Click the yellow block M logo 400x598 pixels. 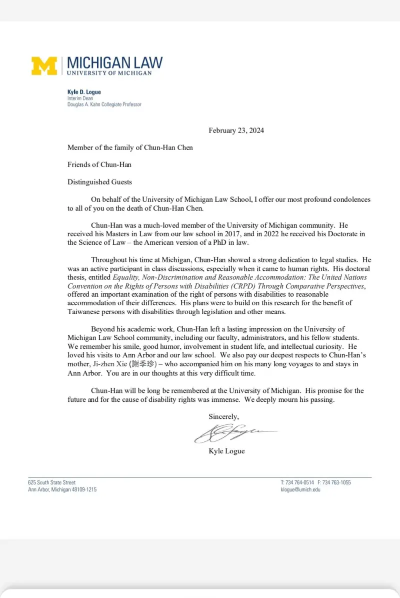pos(44,66)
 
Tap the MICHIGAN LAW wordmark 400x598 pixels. pos(114,63)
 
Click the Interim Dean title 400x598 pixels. pos(80,99)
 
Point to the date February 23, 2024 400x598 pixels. pos(236,131)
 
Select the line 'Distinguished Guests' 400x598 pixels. pos(100,182)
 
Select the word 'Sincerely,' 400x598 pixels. pos(223,416)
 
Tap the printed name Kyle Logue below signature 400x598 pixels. pos(226,451)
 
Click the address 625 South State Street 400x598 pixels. pos(52,482)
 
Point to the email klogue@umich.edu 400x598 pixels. pos(300,489)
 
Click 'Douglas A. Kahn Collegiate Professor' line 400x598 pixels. pos(104,105)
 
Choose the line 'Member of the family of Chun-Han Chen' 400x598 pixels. pos(130,148)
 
